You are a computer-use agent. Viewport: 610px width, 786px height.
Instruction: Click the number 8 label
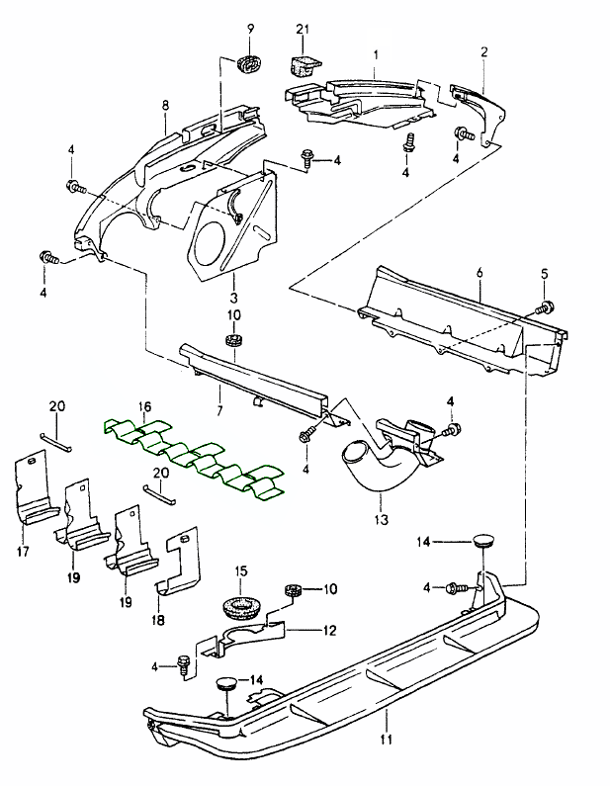(x=165, y=105)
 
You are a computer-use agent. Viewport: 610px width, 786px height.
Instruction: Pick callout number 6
(x=479, y=272)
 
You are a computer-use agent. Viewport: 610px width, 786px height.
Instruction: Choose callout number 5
(x=542, y=273)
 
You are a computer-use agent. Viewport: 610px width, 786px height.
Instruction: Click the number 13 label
(x=381, y=517)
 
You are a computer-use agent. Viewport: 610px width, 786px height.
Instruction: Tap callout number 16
(x=144, y=406)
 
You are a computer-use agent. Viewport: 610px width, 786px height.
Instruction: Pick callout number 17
(x=23, y=551)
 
